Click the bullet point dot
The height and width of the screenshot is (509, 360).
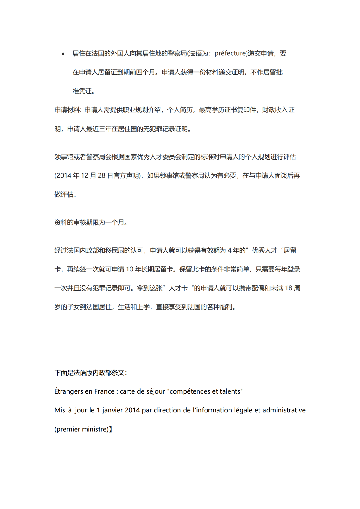coord(63,54)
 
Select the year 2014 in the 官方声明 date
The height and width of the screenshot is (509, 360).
coord(64,176)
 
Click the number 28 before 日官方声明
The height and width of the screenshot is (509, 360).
coord(102,176)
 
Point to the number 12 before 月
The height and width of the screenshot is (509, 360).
coord(85,176)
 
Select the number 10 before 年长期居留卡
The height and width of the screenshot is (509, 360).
coord(130,269)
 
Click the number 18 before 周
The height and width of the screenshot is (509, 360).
coord(289,288)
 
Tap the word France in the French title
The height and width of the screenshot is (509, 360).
coord(104,391)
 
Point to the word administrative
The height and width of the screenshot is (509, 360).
coord(284,410)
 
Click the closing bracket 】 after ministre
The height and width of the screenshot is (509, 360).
coord(111,429)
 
